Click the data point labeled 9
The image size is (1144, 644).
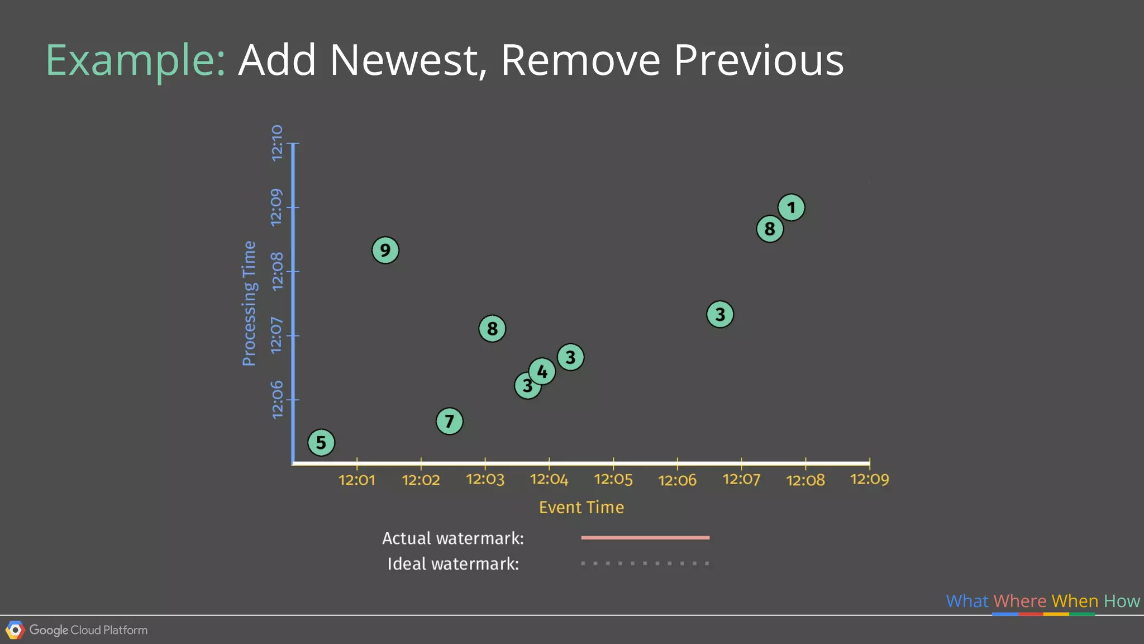(x=385, y=250)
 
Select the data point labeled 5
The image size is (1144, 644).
(x=321, y=443)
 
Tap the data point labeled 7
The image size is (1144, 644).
(x=449, y=421)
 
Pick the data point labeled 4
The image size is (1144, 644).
(x=542, y=371)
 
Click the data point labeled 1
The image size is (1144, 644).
(x=791, y=207)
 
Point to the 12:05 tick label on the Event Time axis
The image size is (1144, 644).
(x=613, y=480)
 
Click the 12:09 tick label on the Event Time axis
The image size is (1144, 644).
(x=869, y=480)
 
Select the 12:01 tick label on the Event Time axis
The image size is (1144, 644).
(x=357, y=480)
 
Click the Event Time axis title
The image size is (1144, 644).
(x=581, y=508)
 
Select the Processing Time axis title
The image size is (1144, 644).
(x=249, y=304)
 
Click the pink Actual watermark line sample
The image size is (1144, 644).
(x=645, y=538)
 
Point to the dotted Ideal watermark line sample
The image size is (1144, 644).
(x=645, y=563)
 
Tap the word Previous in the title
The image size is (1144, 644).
(x=759, y=60)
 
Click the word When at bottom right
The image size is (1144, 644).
(x=1075, y=601)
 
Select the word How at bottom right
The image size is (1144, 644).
(x=1122, y=601)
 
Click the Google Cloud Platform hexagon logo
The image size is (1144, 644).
(x=15, y=630)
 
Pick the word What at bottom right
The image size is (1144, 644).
(x=967, y=601)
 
